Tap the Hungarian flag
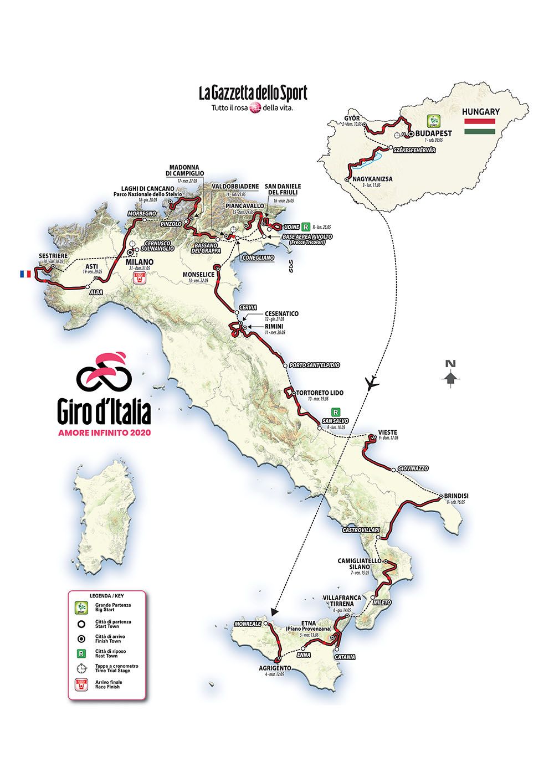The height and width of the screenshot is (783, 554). coord(480,126)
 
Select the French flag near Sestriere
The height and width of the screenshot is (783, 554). coord(25,274)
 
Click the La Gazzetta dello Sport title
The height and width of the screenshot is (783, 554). coord(253,93)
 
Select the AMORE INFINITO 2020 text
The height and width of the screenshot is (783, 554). coord(104,432)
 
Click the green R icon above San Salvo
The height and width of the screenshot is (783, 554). coord(335,412)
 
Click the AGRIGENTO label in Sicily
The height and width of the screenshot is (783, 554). coord(275,668)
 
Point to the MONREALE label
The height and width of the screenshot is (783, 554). coord(248,623)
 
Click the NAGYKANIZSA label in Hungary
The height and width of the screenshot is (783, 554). coord(374,179)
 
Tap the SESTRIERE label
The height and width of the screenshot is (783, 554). coord(53,256)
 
